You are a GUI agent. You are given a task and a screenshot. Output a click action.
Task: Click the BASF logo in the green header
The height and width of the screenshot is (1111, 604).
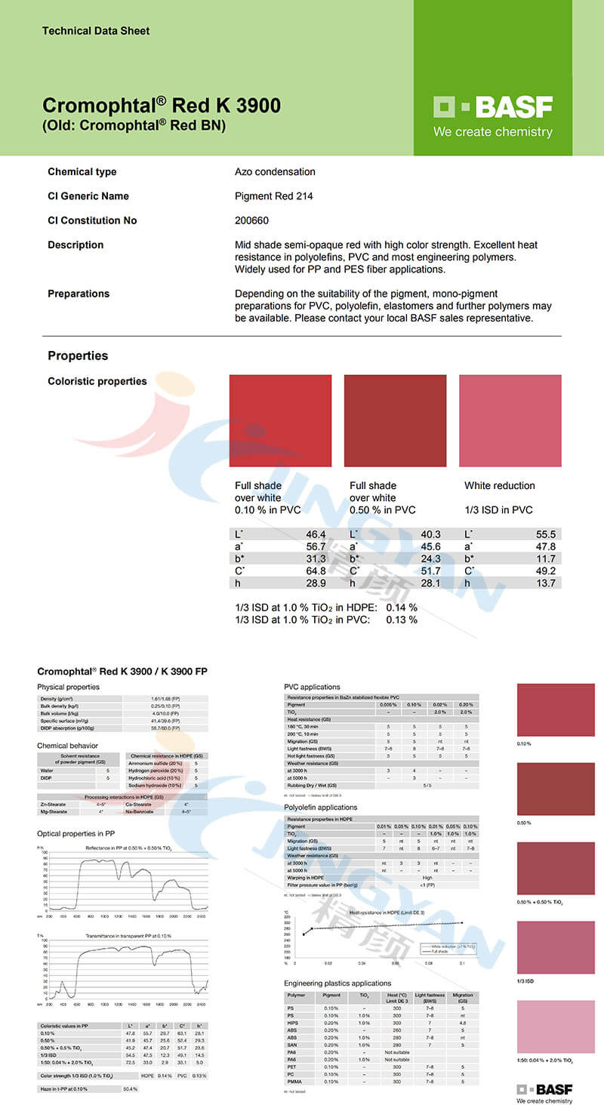(493, 107)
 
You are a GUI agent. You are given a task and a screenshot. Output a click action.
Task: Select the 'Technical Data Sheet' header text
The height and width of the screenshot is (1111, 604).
(96, 31)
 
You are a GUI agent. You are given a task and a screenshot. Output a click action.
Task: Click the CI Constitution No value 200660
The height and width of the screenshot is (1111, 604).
(251, 220)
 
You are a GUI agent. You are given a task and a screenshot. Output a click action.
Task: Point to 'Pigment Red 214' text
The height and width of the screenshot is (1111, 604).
(273, 196)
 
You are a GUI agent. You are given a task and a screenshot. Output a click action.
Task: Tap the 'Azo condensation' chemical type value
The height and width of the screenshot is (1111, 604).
(275, 171)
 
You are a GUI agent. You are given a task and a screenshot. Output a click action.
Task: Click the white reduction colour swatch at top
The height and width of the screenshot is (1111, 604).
(510, 420)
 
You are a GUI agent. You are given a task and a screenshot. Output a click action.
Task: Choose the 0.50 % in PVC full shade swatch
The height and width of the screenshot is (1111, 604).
(395, 420)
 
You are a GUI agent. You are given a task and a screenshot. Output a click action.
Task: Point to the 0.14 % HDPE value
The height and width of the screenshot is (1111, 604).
(402, 608)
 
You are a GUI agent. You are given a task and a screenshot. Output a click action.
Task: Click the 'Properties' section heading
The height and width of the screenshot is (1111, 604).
(78, 355)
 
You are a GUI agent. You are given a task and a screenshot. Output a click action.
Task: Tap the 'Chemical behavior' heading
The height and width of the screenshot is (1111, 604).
(68, 746)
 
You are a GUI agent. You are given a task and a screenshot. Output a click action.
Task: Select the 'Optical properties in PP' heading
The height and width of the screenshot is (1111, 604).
(77, 833)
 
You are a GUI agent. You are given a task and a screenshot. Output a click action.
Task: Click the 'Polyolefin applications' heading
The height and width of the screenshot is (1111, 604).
(320, 808)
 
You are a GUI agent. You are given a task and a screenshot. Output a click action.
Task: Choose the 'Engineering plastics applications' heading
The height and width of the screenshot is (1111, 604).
(337, 983)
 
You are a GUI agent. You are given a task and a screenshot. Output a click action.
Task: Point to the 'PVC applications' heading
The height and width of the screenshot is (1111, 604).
(312, 687)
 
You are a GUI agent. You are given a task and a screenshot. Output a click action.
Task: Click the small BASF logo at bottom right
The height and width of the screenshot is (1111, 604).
(544, 1090)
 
